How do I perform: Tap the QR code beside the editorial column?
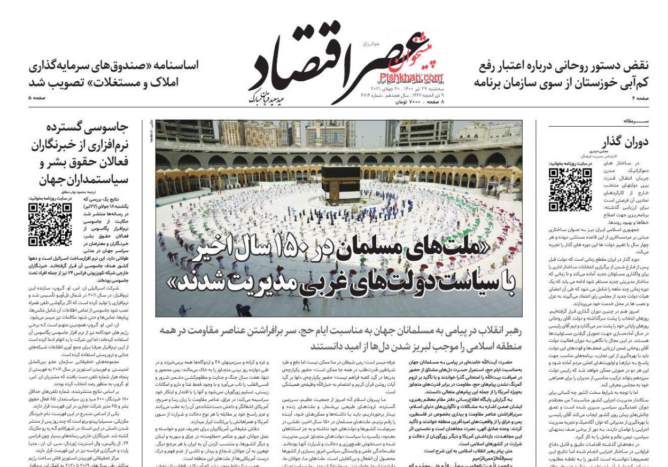pyautogui.click(x=570, y=189)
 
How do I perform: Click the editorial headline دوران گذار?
pyautogui.click(x=625, y=143)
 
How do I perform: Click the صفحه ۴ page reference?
pyautogui.click(x=640, y=98)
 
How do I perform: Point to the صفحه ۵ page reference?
pyautogui.click(x=37, y=98)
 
